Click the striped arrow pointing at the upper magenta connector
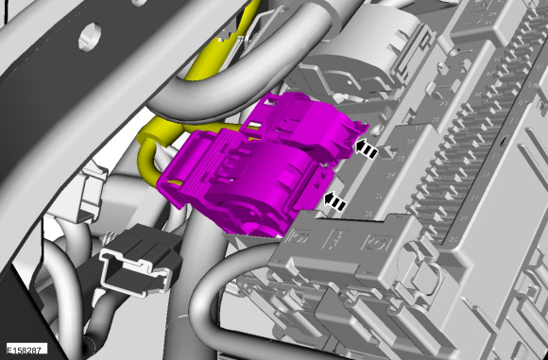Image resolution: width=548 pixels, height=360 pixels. point(367,149)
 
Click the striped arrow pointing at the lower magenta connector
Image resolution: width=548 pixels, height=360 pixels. point(335,202)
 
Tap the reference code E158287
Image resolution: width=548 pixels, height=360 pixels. point(24,350)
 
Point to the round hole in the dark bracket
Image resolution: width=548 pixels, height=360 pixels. point(90,36)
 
